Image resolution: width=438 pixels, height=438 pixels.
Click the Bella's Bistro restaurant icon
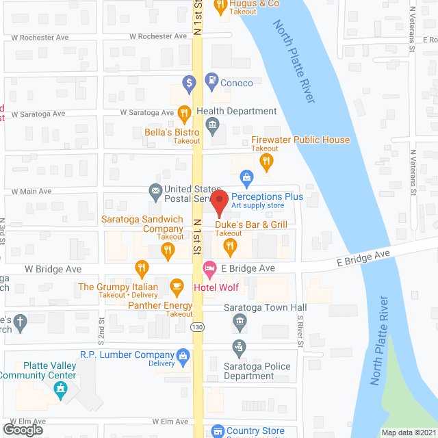pyautogui.click(x=183, y=112)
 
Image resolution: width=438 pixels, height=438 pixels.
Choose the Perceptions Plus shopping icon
pyautogui.click(x=246, y=178)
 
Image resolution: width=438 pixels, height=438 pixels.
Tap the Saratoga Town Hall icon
pyautogui.click(x=240, y=321)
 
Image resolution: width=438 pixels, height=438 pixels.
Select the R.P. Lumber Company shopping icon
pyautogui.click(x=183, y=356)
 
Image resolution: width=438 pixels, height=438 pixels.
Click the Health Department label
pyautogui.click(x=236, y=112)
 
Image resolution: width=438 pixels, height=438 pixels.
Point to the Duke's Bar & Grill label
pyautogui.click(x=251, y=224)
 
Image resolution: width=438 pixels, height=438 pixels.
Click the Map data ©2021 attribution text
pyautogui.click(x=407, y=433)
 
